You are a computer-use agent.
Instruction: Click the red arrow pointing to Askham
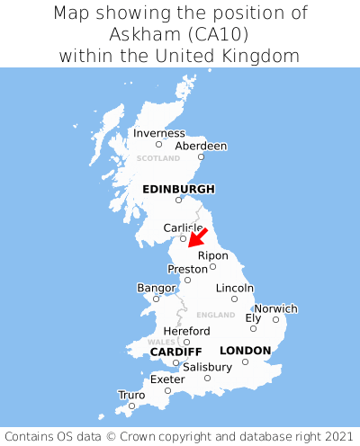tap(197, 237)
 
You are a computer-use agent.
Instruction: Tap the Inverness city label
tap(158, 133)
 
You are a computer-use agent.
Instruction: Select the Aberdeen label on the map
tap(201, 146)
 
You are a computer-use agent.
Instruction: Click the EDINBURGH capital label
tap(178, 189)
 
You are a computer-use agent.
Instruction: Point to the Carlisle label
tap(183, 228)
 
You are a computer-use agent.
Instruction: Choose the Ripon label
tap(212, 255)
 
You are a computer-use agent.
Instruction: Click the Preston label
tap(187, 269)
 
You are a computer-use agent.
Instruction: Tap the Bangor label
tap(156, 288)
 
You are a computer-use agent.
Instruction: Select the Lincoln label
tap(234, 288)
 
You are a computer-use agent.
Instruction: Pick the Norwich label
tap(275, 308)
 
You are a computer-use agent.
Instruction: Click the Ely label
tap(253, 317)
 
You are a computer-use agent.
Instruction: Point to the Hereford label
tap(186, 331)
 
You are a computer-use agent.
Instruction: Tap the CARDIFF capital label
tap(175, 351)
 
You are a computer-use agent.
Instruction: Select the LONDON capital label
tap(245, 350)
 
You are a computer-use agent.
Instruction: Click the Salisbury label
tap(207, 367)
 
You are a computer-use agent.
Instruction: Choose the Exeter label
tap(167, 379)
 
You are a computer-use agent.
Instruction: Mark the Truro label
tap(131, 395)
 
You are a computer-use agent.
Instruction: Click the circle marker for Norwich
tap(275, 319)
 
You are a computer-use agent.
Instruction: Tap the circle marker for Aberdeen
tap(201, 156)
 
